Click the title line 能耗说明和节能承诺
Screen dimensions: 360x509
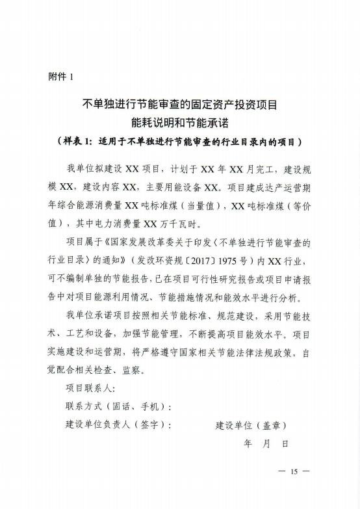coord(180,122)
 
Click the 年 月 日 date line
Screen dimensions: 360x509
coord(265,445)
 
